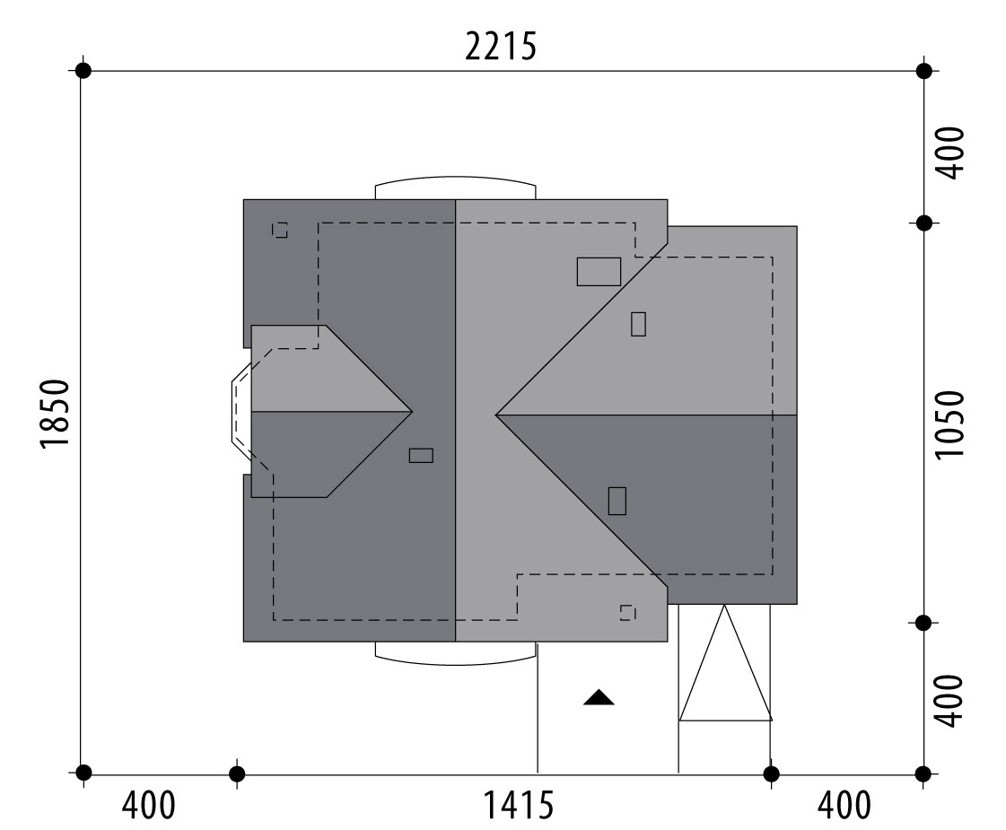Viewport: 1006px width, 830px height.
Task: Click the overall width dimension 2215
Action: coord(501,47)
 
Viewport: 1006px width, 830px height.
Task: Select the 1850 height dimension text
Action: coord(55,415)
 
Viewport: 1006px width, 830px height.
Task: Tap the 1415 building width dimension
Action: coord(517,805)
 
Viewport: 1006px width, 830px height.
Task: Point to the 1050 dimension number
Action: coord(949,424)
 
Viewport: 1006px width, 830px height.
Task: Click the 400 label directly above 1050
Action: coord(949,153)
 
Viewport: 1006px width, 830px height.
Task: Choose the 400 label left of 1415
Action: coord(148,805)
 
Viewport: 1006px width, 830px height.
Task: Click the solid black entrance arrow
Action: coord(599,697)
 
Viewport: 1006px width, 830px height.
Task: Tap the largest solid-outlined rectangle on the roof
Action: coord(599,271)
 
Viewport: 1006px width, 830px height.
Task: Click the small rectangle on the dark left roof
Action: coord(421,456)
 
